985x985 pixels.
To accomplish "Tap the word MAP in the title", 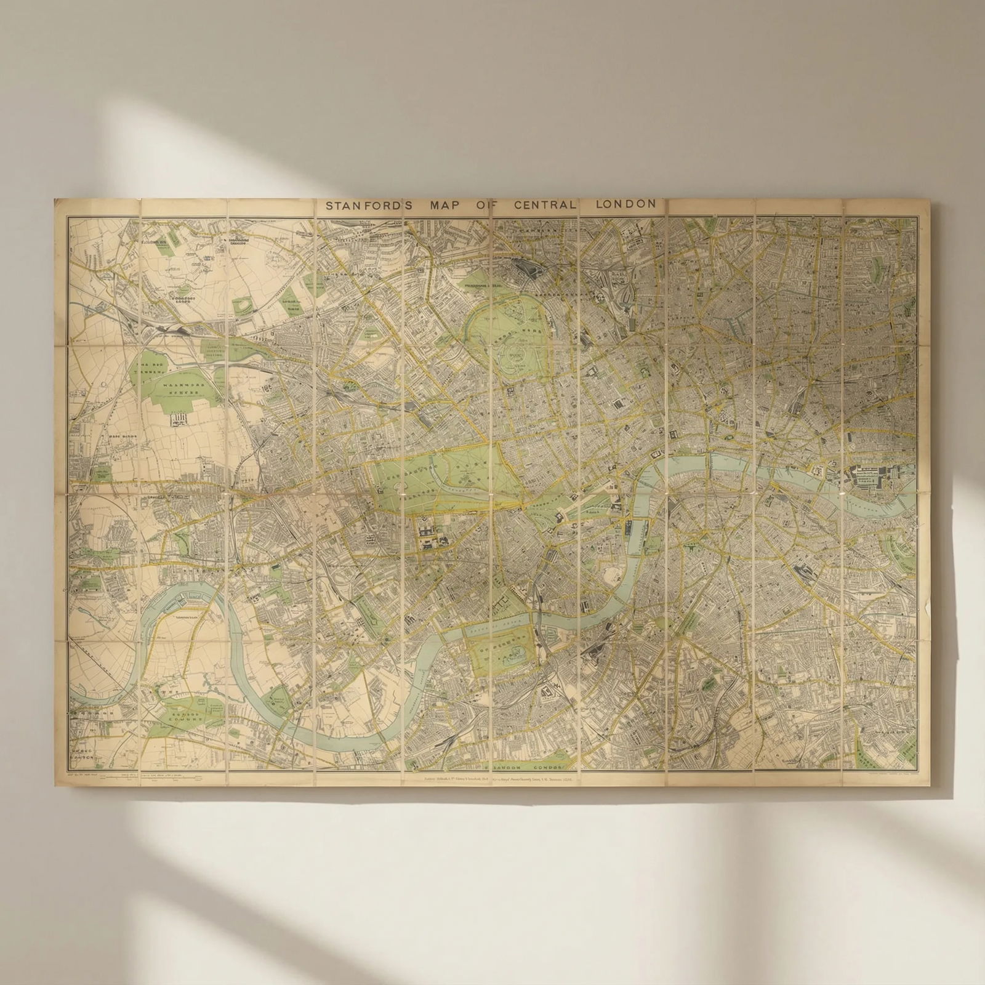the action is [440, 205].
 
